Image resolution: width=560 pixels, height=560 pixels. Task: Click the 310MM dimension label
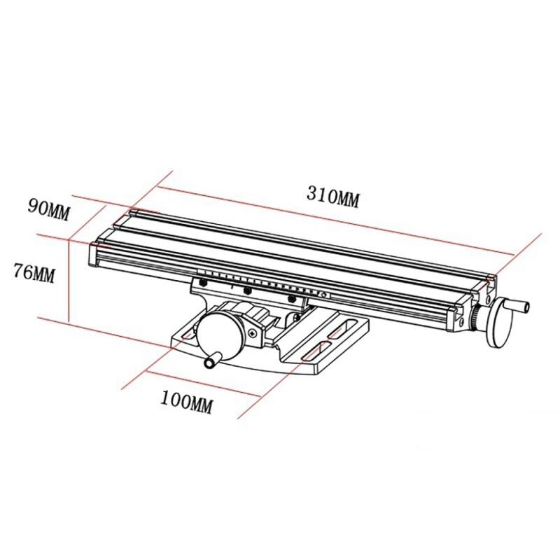pos(332,197)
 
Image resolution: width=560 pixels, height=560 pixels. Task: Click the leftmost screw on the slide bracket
pos(204,281)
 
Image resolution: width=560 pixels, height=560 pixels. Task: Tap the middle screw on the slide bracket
pos(246,290)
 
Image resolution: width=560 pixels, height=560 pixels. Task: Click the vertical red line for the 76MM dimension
pos(68,280)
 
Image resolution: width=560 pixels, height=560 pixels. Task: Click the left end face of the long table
pos(95,253)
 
